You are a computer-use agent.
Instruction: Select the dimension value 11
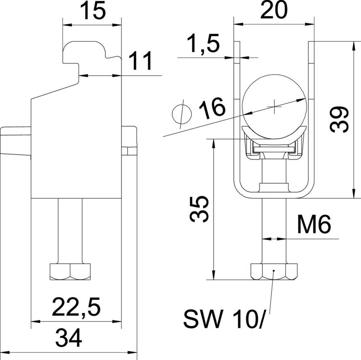pyautogui.click(x=141, y=62)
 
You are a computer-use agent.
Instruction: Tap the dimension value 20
pyautogui.click(x=273, y=11)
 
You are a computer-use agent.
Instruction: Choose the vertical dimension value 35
pyautogui.click(x=199, y=209)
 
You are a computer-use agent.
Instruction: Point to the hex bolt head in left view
pyautogui.click(x=70, y=271)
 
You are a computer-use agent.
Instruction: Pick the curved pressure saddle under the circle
pyautogui.click(x=274, y=132)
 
